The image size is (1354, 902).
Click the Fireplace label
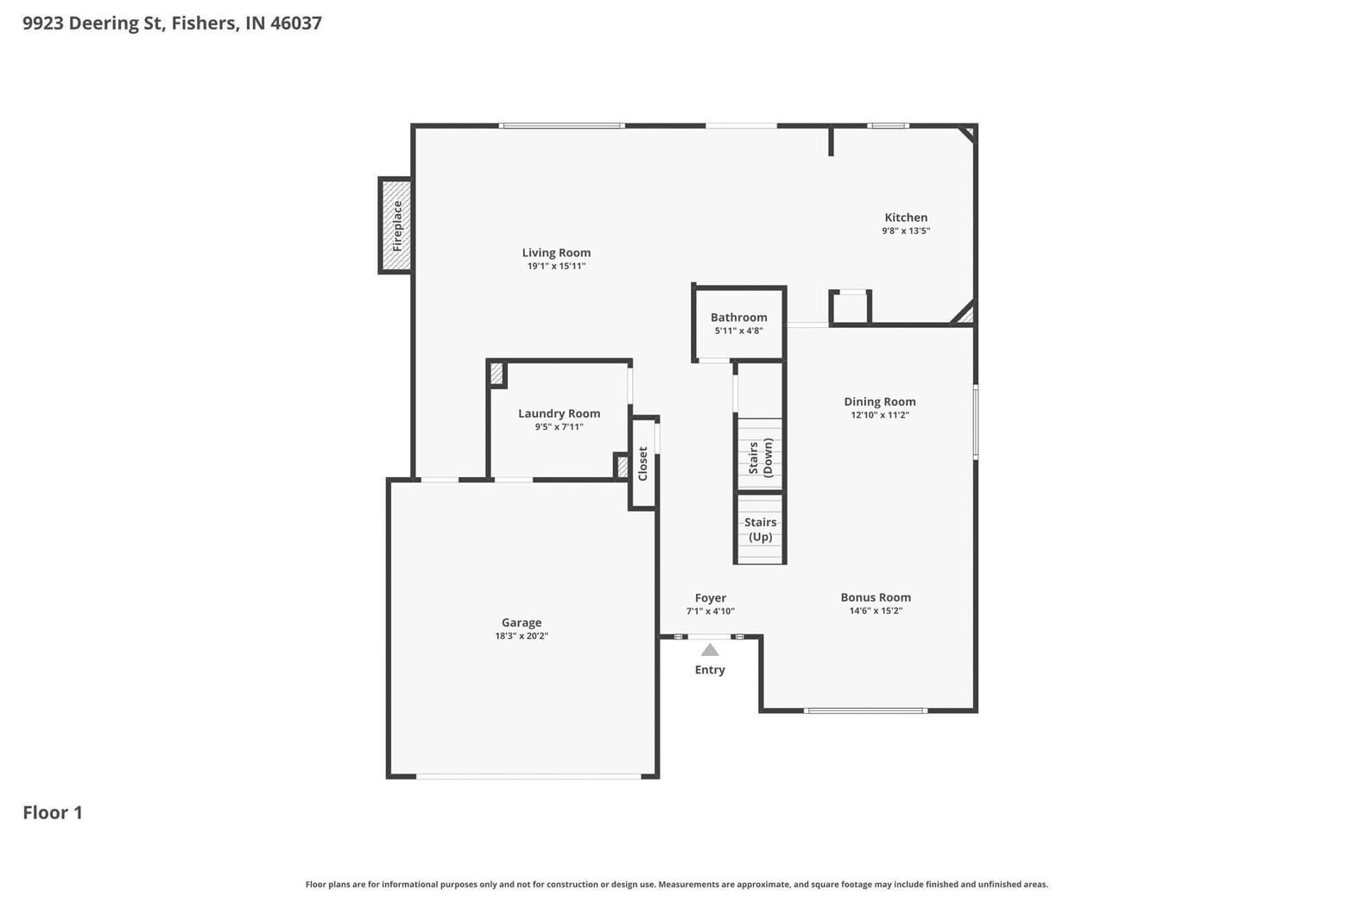coord(397,226)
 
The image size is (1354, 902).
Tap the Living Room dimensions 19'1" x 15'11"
coord(557,266)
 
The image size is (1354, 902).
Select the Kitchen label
coord(906,218)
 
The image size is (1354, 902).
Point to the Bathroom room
coord(738,324)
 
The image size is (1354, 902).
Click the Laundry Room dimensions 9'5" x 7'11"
coord(560,426)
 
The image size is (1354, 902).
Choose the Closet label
coord(642,464)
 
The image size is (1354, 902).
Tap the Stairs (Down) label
coord(761,457)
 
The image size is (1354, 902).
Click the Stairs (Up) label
coord(761,529)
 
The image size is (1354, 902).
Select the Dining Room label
coord(880,401)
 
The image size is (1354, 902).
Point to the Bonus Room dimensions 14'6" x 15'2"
coord(876,610)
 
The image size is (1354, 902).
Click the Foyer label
coord(710,598)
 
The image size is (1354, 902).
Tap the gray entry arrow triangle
coord(710,650)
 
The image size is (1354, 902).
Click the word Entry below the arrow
coord(710,670)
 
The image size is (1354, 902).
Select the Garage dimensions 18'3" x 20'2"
coord(522,635)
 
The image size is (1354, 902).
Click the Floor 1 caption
coord(53,812)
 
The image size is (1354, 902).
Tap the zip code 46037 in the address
coord(295,23)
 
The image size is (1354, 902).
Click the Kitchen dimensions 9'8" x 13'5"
coord(906,230)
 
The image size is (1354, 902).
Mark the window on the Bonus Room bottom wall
coord(865,710)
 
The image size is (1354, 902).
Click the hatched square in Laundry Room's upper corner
coord(497,373)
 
